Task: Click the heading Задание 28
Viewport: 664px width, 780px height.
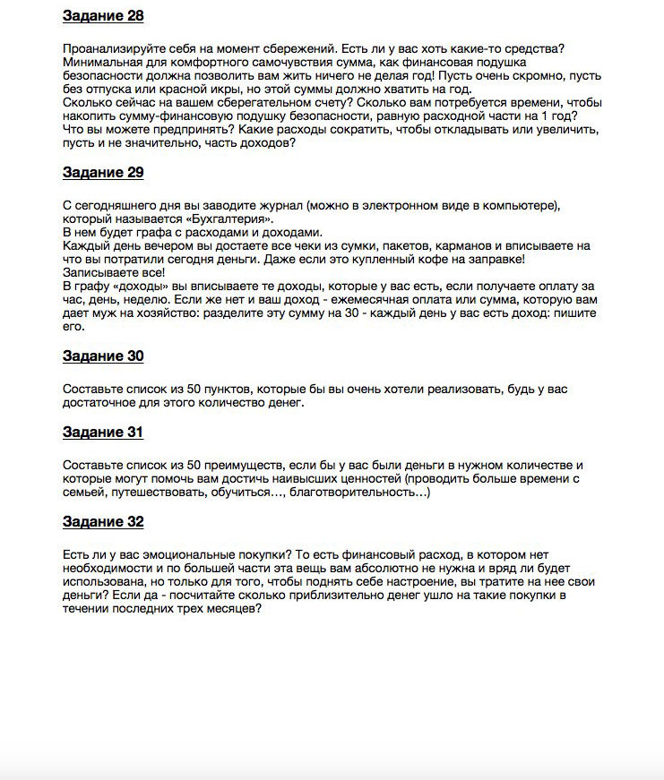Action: pos(103,16)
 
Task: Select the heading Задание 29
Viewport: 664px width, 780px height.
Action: pos(103,173)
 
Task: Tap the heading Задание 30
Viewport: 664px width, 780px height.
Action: pos(103,356)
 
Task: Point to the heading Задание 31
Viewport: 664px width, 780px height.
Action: pos(103,433)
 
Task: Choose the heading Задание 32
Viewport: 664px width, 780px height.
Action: pos(103,522)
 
